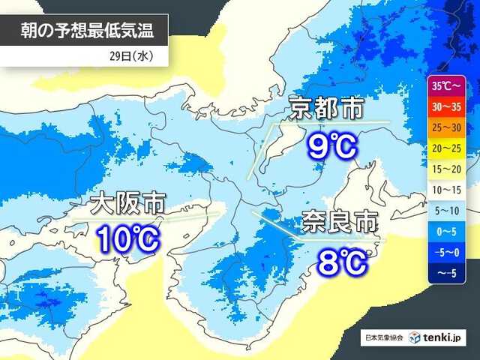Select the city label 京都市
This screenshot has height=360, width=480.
tap(327, 110)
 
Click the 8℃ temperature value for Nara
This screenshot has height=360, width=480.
tap(341, 261)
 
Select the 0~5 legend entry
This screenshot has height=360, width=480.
tap(447, 232)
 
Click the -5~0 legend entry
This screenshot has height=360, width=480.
tap(447, 253)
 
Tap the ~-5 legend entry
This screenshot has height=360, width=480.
tap(447, 273)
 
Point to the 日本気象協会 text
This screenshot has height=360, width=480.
tap(383, 339)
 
